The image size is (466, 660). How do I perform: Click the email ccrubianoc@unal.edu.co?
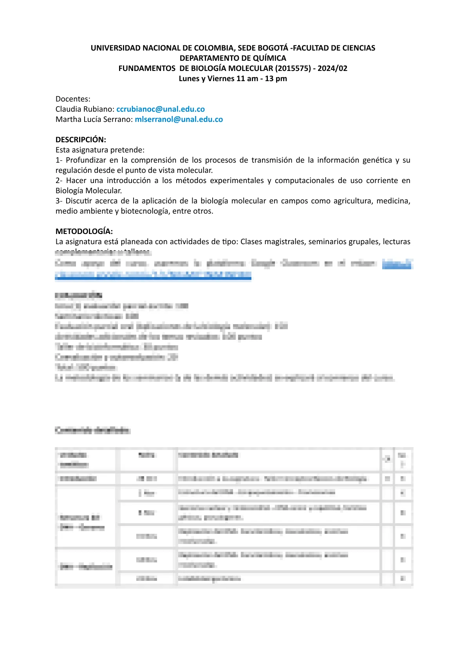tap(161, 109)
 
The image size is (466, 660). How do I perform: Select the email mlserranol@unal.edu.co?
tap(179, 119)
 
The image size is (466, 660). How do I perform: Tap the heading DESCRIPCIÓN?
tap(81, 140)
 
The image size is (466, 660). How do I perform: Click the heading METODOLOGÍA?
tap(84, 231)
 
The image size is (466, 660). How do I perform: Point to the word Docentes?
tap(73, 99)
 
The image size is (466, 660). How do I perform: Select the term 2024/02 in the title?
tap(332, 68)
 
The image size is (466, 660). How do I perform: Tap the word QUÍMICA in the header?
tap(270, 58)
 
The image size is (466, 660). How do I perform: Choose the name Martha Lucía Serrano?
tap(94, 119)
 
